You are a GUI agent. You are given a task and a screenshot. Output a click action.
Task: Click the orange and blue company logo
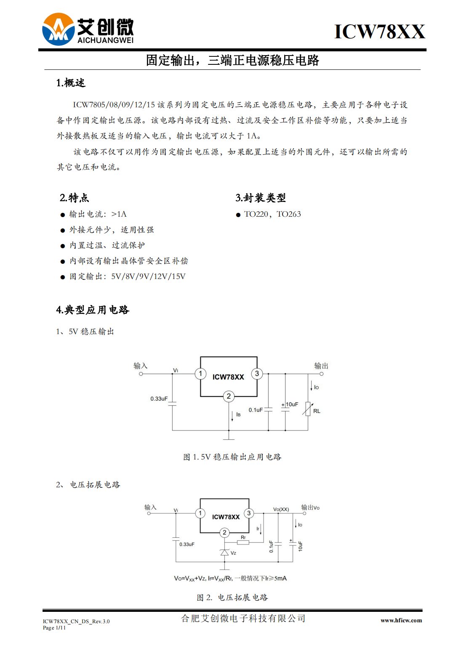(59, 29)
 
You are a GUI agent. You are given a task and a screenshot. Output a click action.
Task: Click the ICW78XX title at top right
(380, 31)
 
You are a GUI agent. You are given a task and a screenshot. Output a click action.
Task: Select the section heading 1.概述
(71, 83)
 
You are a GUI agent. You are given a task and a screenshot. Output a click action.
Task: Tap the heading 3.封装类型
(260, 198)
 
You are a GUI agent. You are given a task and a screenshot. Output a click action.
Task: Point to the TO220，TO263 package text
(272, 214)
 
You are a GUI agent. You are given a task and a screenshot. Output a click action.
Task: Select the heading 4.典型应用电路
(93, 310)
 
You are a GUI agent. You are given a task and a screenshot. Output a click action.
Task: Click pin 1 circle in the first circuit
(200, 374)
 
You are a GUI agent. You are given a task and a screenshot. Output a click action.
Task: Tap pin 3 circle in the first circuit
(257, 374)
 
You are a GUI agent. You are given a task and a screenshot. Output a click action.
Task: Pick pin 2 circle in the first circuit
(229, 396)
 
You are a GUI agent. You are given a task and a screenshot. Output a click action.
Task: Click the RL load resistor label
(317, 411)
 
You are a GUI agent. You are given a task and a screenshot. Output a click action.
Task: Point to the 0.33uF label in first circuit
(159, 398)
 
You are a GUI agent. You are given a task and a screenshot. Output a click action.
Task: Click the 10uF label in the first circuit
(292, 404)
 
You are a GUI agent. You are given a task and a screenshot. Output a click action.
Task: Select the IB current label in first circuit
(238, 414)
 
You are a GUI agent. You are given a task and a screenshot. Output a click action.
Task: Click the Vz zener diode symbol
(224, 552)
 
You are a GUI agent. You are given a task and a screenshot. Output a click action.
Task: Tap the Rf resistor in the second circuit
(243, 542)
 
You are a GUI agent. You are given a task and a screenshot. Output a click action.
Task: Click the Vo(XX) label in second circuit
(281, 509)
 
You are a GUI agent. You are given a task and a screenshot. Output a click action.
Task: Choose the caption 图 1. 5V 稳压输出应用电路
(232, 457)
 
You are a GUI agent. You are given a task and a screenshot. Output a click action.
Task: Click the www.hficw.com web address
(401, 620)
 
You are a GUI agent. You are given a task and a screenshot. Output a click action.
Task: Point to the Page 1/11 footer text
(54, 627)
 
